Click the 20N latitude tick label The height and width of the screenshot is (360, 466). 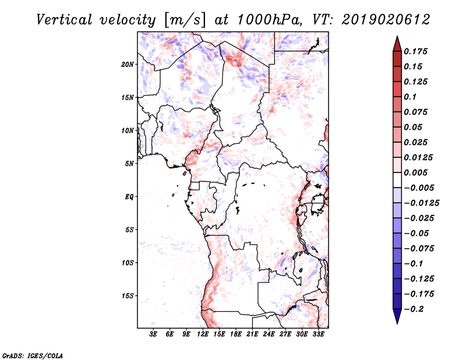coord(127,65)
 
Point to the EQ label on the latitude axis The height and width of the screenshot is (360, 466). coord(129,197)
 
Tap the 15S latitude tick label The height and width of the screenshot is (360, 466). coord(128,296)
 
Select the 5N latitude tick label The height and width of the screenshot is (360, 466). coord(129,164)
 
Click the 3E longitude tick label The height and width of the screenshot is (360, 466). coord(153,334)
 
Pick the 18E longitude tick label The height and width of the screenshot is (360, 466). coord(236,334)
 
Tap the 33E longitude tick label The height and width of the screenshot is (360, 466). coord(318,334)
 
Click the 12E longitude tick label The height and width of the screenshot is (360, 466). coord(203,334)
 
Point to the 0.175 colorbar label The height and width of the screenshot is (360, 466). coord(415,51)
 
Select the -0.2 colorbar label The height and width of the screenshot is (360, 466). coord(414,309)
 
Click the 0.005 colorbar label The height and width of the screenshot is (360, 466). coord(415,172)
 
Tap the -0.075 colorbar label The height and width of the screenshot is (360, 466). coord(419,249)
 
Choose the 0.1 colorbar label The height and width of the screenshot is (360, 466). coord(410,97)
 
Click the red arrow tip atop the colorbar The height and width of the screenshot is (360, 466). coord(397,37)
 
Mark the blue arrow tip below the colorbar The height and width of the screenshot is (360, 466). coord(397,323)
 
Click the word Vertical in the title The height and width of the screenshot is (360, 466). coord(64,20)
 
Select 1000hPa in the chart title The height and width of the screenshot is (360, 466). coord(270,20)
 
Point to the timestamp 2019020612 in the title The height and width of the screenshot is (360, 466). coord(386,20)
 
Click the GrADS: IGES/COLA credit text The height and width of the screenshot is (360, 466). coord(33,355)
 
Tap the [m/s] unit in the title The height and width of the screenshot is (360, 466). coord(184,20)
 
